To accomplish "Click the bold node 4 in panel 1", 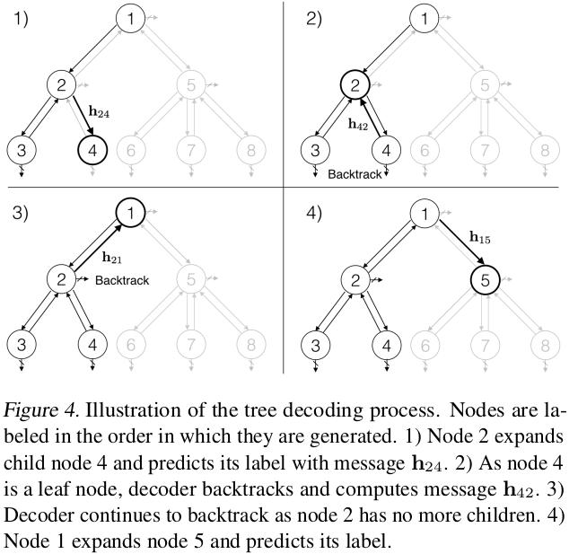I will coord(92,150).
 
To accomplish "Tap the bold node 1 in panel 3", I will coord(133,212).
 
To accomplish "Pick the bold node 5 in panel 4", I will coord(484,280).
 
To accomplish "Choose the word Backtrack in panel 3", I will coord(121,280).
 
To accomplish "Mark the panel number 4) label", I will coord(316,216).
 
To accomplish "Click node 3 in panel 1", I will coord(22,150).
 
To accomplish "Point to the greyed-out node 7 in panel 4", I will coord(484,344).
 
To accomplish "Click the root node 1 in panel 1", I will coord(133,18).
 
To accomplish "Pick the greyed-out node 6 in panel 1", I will coord(132,150).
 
